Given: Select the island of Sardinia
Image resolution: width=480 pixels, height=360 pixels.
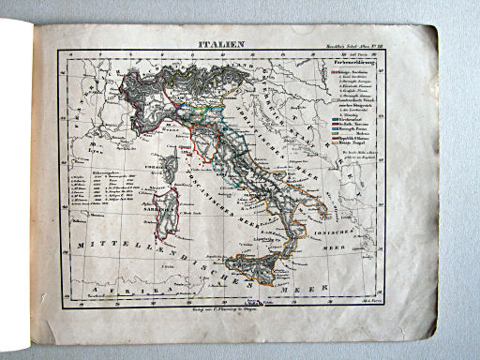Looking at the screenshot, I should pyautogui.click(x=165, y=213).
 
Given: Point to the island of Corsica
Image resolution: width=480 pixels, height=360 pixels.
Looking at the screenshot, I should pyautogui.click(x=171, y=170).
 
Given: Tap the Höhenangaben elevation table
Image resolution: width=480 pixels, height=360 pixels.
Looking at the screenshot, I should pyautogui.click(x=99, y=193).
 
